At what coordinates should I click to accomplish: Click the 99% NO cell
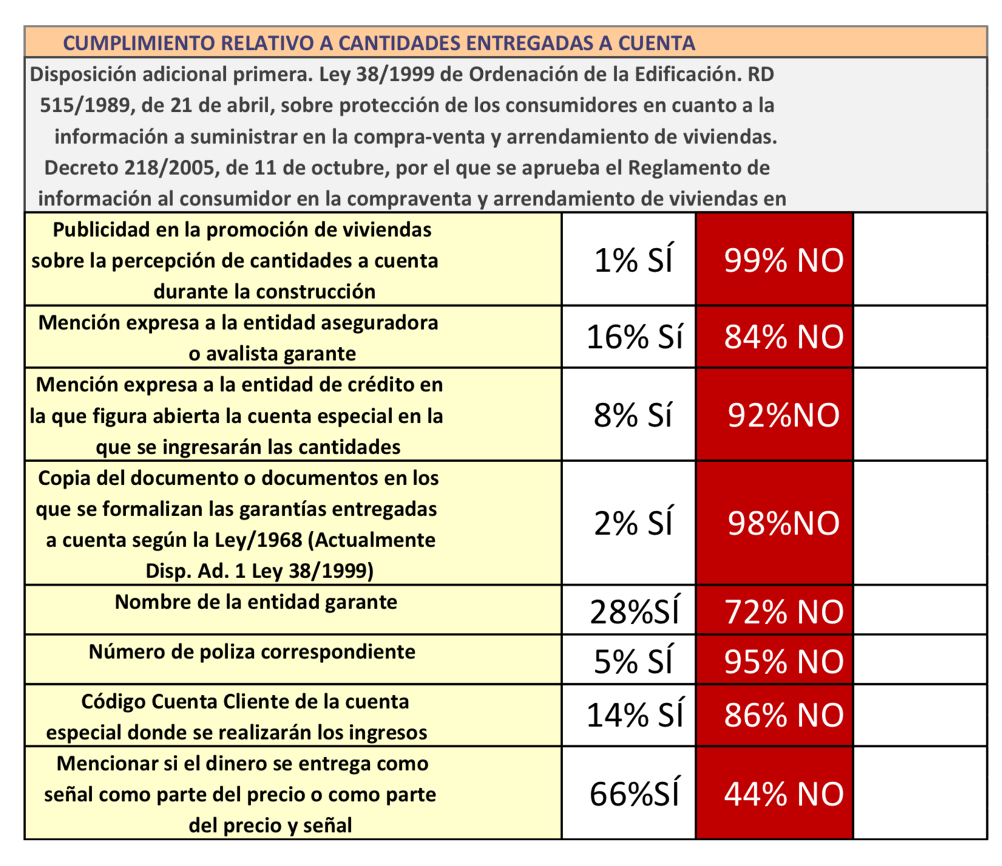point(783,260)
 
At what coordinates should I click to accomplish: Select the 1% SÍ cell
point(633,260)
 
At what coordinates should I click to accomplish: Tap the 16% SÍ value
point(634,337)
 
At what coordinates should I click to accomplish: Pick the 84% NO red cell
point(783,337)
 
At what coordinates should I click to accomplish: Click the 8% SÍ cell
point(633,415)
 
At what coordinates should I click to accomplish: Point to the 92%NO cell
point(783,415)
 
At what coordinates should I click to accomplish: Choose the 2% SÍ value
point(633,523)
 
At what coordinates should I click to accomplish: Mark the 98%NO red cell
point(783,523)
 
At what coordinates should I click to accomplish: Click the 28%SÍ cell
point(634,612)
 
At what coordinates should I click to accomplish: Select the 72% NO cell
point(783,612)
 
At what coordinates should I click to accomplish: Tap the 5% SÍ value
point(633,661)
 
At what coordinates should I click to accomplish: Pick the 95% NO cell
point(783,661)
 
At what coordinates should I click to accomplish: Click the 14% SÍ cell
point(634,715)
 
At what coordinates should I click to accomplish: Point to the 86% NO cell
point(783,715)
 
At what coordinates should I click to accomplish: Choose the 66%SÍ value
point(634,794)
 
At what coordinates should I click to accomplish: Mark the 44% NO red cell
point(783,794)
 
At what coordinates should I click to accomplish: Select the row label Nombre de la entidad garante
point(256,602)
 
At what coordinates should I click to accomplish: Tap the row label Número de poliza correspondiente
point(252,652)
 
